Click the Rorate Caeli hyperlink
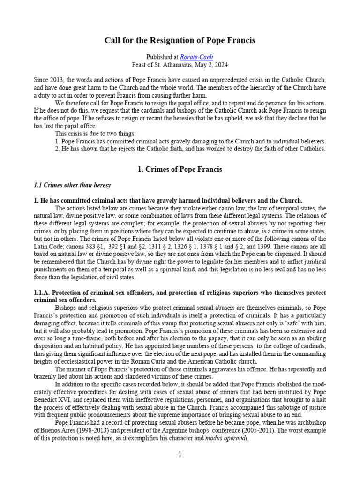click(187, 56)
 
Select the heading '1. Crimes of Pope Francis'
click(180, 169)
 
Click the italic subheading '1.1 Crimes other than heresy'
click(72, 185)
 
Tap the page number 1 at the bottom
click(180, 454)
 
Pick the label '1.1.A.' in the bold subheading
click(45, 292)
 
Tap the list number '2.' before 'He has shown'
click(58, 149)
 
